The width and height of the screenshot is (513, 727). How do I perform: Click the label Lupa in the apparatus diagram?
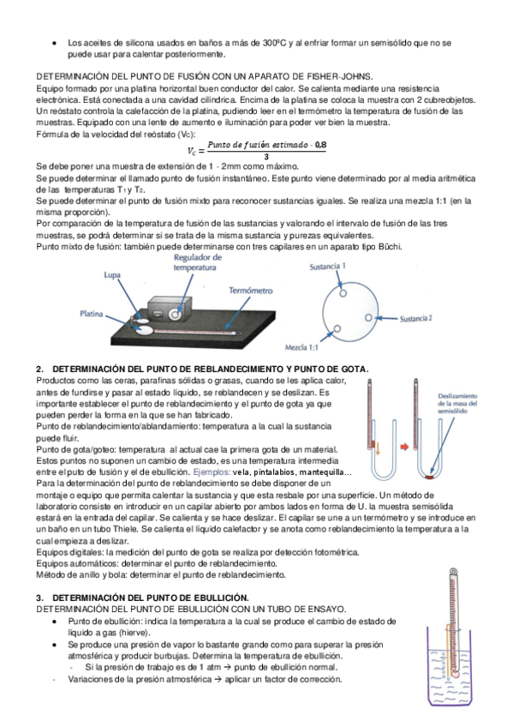(x=112, y=275)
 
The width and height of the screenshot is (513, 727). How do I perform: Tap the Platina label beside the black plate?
(x=92, y=314)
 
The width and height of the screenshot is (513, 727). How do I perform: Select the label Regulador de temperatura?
(x=197, y=262)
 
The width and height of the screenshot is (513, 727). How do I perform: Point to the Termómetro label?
(x=250, y=291)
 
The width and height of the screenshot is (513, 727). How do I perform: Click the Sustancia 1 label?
(x=327, y=267)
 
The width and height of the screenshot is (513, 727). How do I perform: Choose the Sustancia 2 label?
(x=415, y=319)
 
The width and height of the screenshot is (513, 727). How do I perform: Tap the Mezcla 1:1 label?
(x=301, y=347)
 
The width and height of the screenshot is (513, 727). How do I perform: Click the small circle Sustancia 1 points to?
(x=343, y=293)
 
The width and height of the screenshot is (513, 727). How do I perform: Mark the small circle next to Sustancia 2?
(x=368, y=317)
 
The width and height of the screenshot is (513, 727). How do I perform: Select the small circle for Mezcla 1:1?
(x=337, y=328)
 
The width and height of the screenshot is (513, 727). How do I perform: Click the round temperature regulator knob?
(x=175, y=315)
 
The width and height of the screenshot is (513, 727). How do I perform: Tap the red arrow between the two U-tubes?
(x=404, y=447)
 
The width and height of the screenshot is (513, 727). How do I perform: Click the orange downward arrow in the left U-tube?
(x=378, y=448)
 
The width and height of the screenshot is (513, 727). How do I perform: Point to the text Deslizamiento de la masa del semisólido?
(x=457, y=404)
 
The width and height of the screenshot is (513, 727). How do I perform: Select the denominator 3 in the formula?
(x=266, y=157)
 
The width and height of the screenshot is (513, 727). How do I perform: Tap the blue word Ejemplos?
(x=212, y=472)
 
